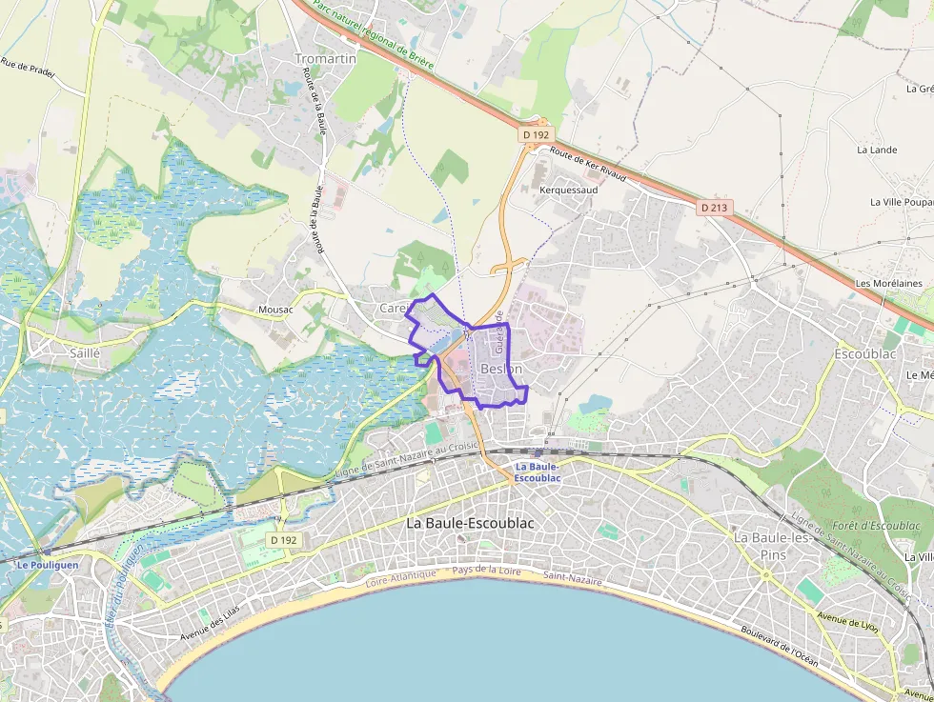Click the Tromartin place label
[325, 59]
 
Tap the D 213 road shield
[713, 207]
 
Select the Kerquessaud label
[569, 190]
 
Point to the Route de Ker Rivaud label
[588, 165]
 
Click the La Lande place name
[877, 150]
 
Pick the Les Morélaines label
[889, 283]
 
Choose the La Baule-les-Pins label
[772, 545]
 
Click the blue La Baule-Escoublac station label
[538, 472]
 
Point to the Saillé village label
[85, 352]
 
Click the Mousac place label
[275, 310]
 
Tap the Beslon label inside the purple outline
[501, 369]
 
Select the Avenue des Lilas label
[212, 629]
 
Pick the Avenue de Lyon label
[846, 623]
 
